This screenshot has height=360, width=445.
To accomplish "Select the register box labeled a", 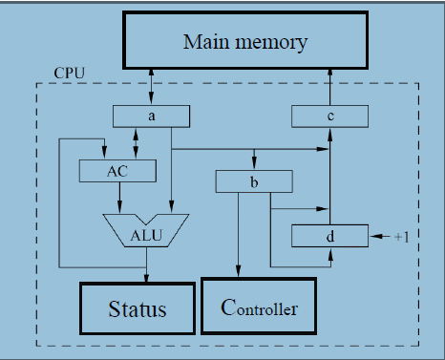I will point(150,116).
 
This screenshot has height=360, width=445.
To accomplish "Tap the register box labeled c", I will point(328,116).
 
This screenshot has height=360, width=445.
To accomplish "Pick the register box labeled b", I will point(253,180).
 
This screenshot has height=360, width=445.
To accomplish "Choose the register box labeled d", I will point(328,234).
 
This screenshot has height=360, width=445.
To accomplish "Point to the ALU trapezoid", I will point(145,230).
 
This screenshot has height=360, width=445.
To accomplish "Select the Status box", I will point(137,308).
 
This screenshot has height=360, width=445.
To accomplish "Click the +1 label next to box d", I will point(401,235).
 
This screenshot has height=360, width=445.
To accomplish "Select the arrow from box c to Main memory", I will point(328,87).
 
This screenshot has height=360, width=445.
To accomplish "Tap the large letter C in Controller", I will point(227,307).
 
